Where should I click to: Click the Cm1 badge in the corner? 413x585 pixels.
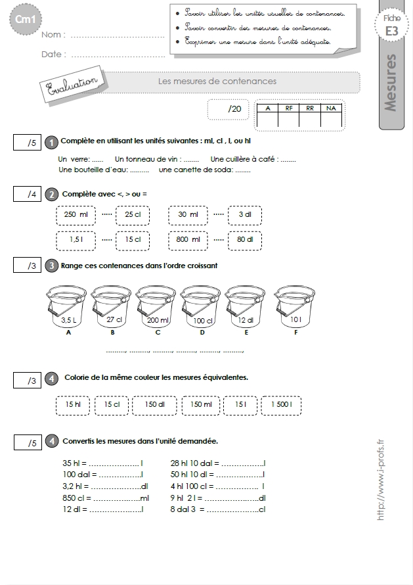tap(24, 20)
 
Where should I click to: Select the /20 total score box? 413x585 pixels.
tap(228, 109)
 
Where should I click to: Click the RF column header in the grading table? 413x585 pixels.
tap(289, 108)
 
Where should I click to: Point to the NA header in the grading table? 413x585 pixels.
tap(331, 108)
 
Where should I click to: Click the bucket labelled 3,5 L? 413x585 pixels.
tap(67, 307)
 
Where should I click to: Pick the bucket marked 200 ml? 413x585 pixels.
tap(156, 307)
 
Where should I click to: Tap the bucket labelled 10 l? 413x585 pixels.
tap(294, 307)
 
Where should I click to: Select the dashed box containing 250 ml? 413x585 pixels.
tap(76, 216)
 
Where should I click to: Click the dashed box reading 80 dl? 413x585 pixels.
tap(245, 241)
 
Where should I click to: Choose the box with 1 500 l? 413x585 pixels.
tap(282, 405)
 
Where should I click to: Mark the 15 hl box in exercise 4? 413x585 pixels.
tap(73, 405)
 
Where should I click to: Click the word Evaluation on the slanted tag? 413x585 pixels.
tap(72, 84)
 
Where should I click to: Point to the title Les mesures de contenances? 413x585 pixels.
tap(217, 82)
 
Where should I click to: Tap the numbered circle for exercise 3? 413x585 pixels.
tap(51, 266)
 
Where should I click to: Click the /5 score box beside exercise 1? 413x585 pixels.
tap(27, 143)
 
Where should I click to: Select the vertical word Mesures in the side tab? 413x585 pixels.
tap(390, 83)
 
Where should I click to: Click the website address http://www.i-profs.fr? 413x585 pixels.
tap(380, 480)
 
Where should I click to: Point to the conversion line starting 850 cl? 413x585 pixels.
tap(106, 498)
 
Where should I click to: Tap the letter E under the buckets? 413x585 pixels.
tap(246, 333)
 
